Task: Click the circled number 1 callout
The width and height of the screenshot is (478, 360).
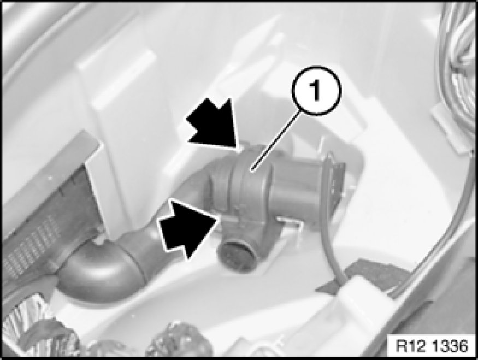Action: [316, 90]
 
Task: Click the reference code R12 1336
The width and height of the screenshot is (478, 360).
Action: [432, 346]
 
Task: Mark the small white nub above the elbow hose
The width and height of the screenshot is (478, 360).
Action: [98, 241]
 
